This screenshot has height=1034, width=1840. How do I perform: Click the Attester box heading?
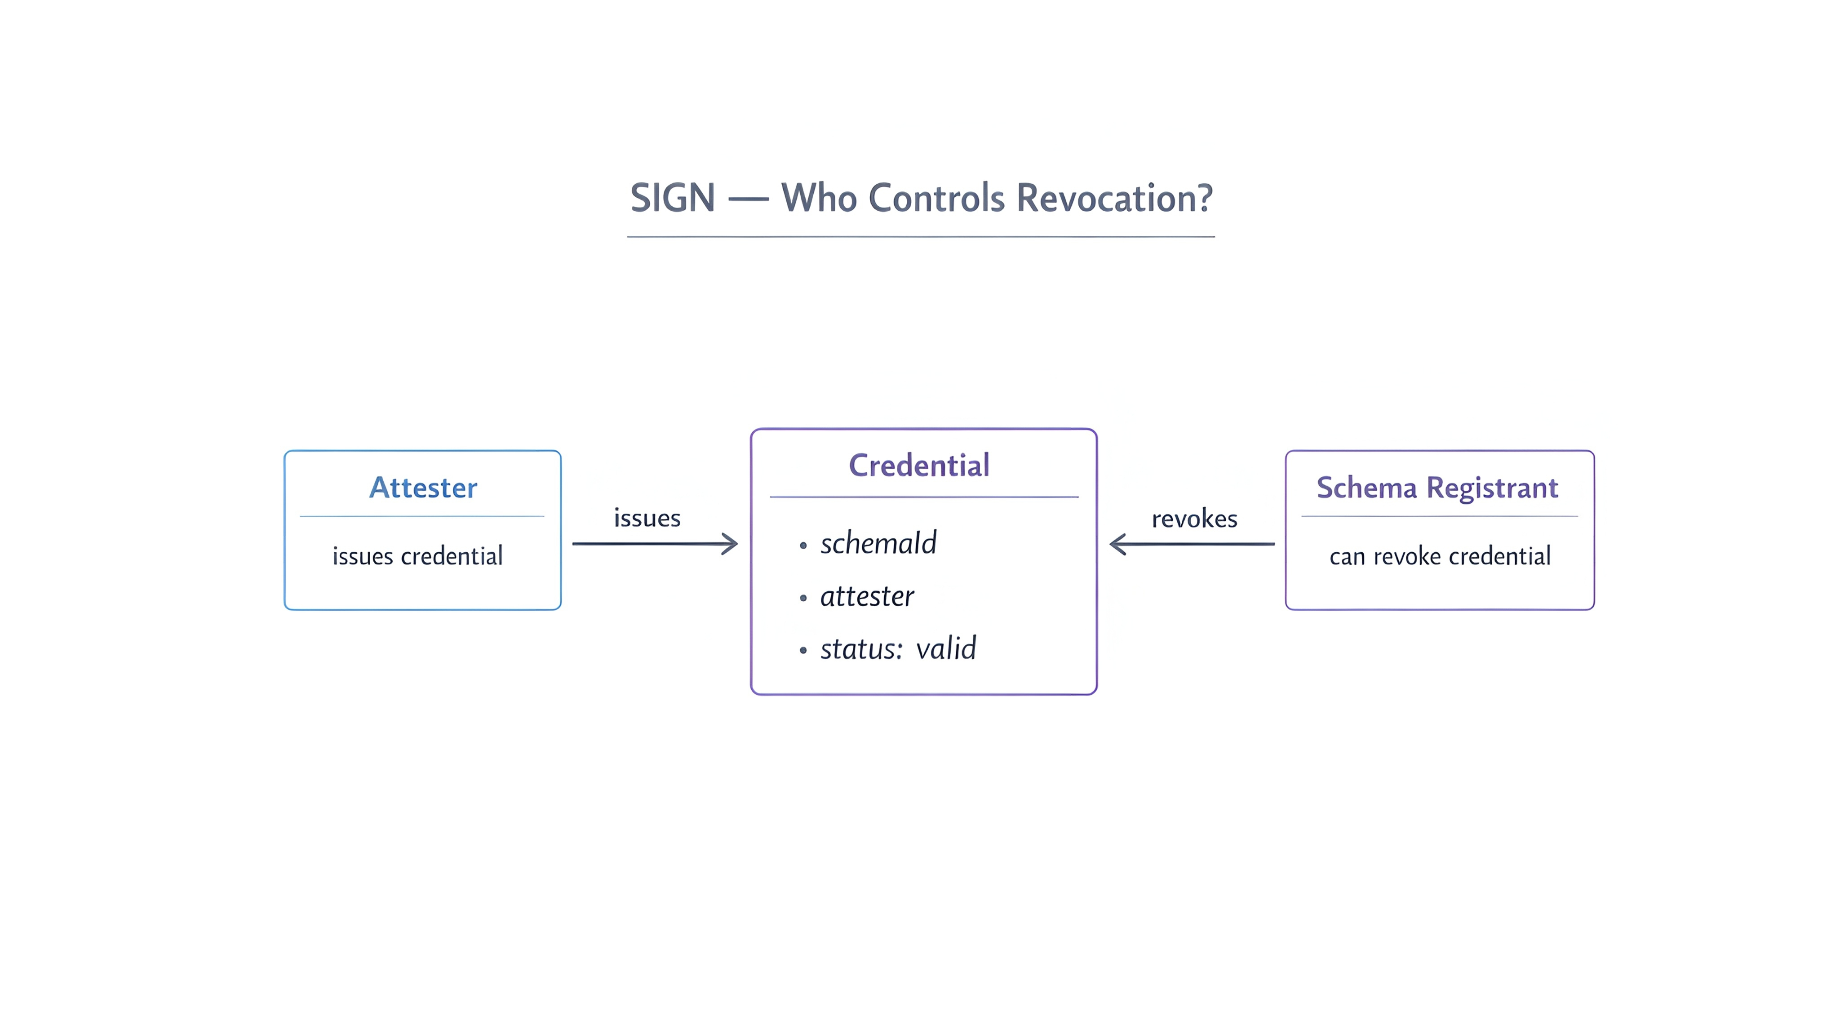[x=423, y=488]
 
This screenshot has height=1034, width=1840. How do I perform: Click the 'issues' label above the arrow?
[x=647, y=518]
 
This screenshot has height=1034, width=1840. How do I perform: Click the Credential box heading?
[x=918, y=466]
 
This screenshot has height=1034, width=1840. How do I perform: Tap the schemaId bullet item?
[x=878, y=544]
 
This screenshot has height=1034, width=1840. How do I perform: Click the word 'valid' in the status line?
[x=946, y=649]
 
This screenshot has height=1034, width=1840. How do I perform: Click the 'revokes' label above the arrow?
[x=1194, y=519]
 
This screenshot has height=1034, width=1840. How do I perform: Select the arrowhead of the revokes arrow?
[x=1117, y=544]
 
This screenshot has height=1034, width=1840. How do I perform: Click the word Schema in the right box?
[x=1366, y=488]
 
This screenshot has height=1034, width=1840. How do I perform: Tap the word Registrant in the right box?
[x=1492, y=488]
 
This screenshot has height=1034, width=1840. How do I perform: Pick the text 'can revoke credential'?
[x=1439, y=556]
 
